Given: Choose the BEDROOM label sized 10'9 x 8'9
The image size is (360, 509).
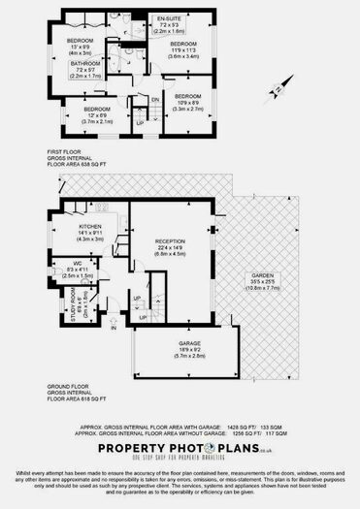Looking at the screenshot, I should pyautogui.click(x=187, y=97).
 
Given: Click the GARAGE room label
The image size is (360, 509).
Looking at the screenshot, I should pyautogui.click(x=188, y=342).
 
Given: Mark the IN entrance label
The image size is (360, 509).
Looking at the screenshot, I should pyautogui.click(x=114, y=329).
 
